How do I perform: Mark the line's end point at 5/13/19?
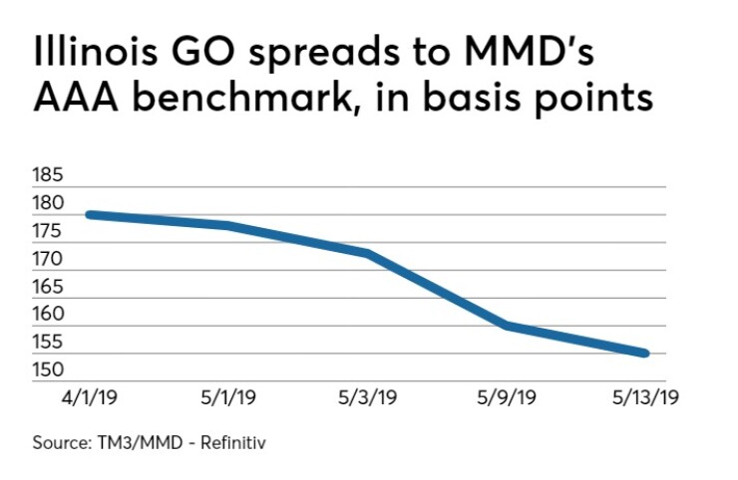tap(645, 353)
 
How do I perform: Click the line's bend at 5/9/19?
tap(508, 326)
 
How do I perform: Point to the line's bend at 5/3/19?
tap(368, 253)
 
